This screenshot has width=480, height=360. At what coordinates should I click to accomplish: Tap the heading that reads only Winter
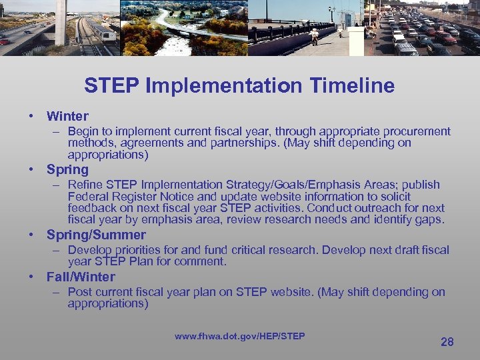pos(67,117)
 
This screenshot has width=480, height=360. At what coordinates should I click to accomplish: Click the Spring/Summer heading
pos(96,235)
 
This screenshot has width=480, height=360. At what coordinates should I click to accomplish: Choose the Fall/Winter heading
pos(81,277)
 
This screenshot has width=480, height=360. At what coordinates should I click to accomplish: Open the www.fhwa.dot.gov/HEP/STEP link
pos(239,336)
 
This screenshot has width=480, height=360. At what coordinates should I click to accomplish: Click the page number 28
pos(447,341)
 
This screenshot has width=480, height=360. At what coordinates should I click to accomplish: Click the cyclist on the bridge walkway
pos(314,35)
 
